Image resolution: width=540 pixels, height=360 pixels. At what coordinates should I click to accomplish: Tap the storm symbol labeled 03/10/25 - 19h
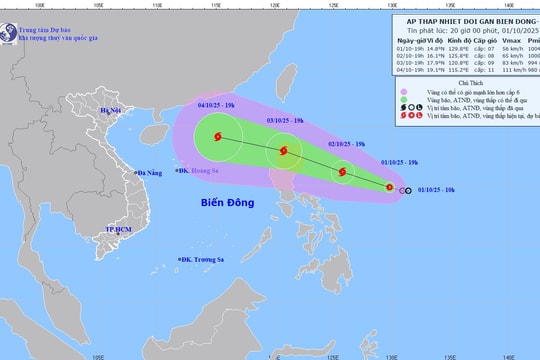click(285, 153)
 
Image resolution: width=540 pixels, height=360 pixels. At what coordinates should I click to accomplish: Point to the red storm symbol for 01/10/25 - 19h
click(392, 188)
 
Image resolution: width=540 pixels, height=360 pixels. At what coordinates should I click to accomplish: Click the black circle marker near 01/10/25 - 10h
click(406, 189)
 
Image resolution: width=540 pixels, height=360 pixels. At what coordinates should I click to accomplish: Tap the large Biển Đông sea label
click(226, 205)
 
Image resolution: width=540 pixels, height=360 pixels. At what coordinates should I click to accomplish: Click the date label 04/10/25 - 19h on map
click(218, 104)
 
